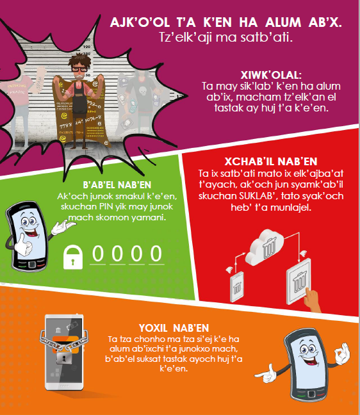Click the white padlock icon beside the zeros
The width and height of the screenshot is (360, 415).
tap(73, 257)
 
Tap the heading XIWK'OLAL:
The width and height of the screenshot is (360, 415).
tap(271, 75)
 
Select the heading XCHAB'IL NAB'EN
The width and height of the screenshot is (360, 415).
tap(271, 161)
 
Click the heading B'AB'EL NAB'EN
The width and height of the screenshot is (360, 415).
tap(117, 184)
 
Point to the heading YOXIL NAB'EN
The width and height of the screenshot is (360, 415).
tap(174, 328)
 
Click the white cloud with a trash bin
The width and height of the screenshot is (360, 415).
tap(265, 247)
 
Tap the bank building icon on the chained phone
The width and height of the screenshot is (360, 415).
tap(58, 330)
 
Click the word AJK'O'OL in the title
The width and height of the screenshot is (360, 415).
tap(140, 22)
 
